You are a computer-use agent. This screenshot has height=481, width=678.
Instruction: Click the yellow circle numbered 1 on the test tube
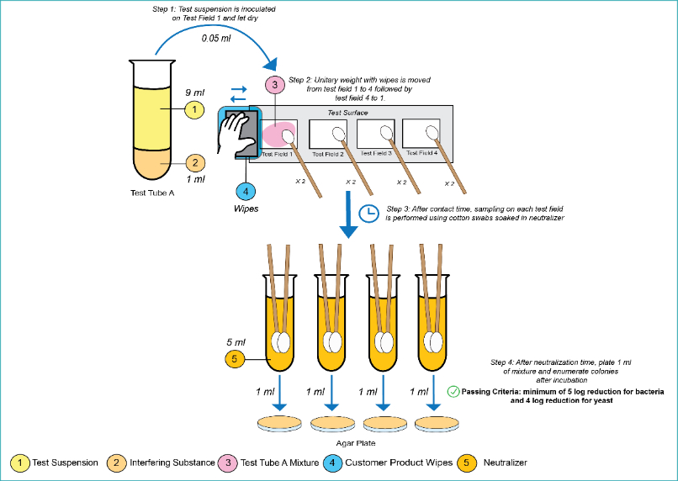coord(194,110)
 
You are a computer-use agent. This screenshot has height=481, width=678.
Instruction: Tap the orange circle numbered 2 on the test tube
coord(194,163)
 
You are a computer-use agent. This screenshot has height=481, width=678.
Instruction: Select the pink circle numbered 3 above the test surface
coord(274,85)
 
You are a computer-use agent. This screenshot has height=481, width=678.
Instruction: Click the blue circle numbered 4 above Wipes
coord(244,192)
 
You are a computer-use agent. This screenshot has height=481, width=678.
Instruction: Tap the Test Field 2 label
coord(329,154)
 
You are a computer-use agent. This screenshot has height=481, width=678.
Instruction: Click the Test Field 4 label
coord(423,153)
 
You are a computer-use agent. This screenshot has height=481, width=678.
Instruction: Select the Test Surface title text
coord(347,112)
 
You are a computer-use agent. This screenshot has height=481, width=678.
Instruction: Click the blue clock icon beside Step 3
coord(368,214)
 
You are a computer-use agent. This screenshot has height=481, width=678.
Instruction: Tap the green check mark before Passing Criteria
coord(453,391)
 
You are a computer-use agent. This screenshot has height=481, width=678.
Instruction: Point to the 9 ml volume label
coord(193,92)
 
